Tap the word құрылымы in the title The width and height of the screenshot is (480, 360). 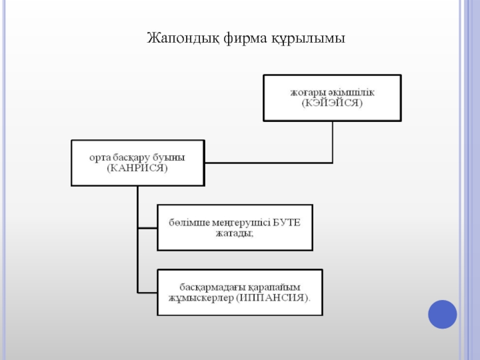pyautogui.click(x=308, y=39)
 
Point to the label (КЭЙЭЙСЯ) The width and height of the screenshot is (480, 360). pyautogui.click(x=332, y=103)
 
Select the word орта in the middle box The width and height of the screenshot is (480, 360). pyautogui.click(x=98, y=157)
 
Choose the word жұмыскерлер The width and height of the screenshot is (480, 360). pyautogui.click(x=201, y=298)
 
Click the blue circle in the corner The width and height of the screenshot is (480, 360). pyautogui.click(x=442, y=313)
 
